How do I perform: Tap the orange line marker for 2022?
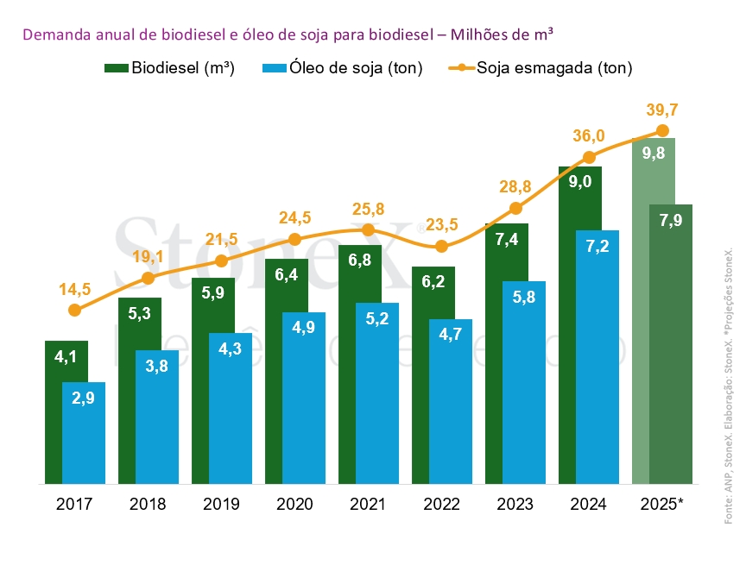(x=442, y=246)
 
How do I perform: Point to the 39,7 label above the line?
(x=662, y=110)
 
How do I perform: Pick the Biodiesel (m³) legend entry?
(x=170, y=68)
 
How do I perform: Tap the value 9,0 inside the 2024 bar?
(x=579, y=182)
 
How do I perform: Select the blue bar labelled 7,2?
(x=597, y=362)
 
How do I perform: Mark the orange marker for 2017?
(x=74, y=310)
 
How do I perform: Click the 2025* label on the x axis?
(x=662, y=505)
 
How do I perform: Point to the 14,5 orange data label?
(x=74, y=289)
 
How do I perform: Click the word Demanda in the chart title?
(x=51, y=35)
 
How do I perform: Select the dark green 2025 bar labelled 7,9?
(x=671, y=345)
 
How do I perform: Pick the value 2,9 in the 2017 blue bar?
(x=84, y=398)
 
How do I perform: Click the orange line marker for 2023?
(x=515, y=208)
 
